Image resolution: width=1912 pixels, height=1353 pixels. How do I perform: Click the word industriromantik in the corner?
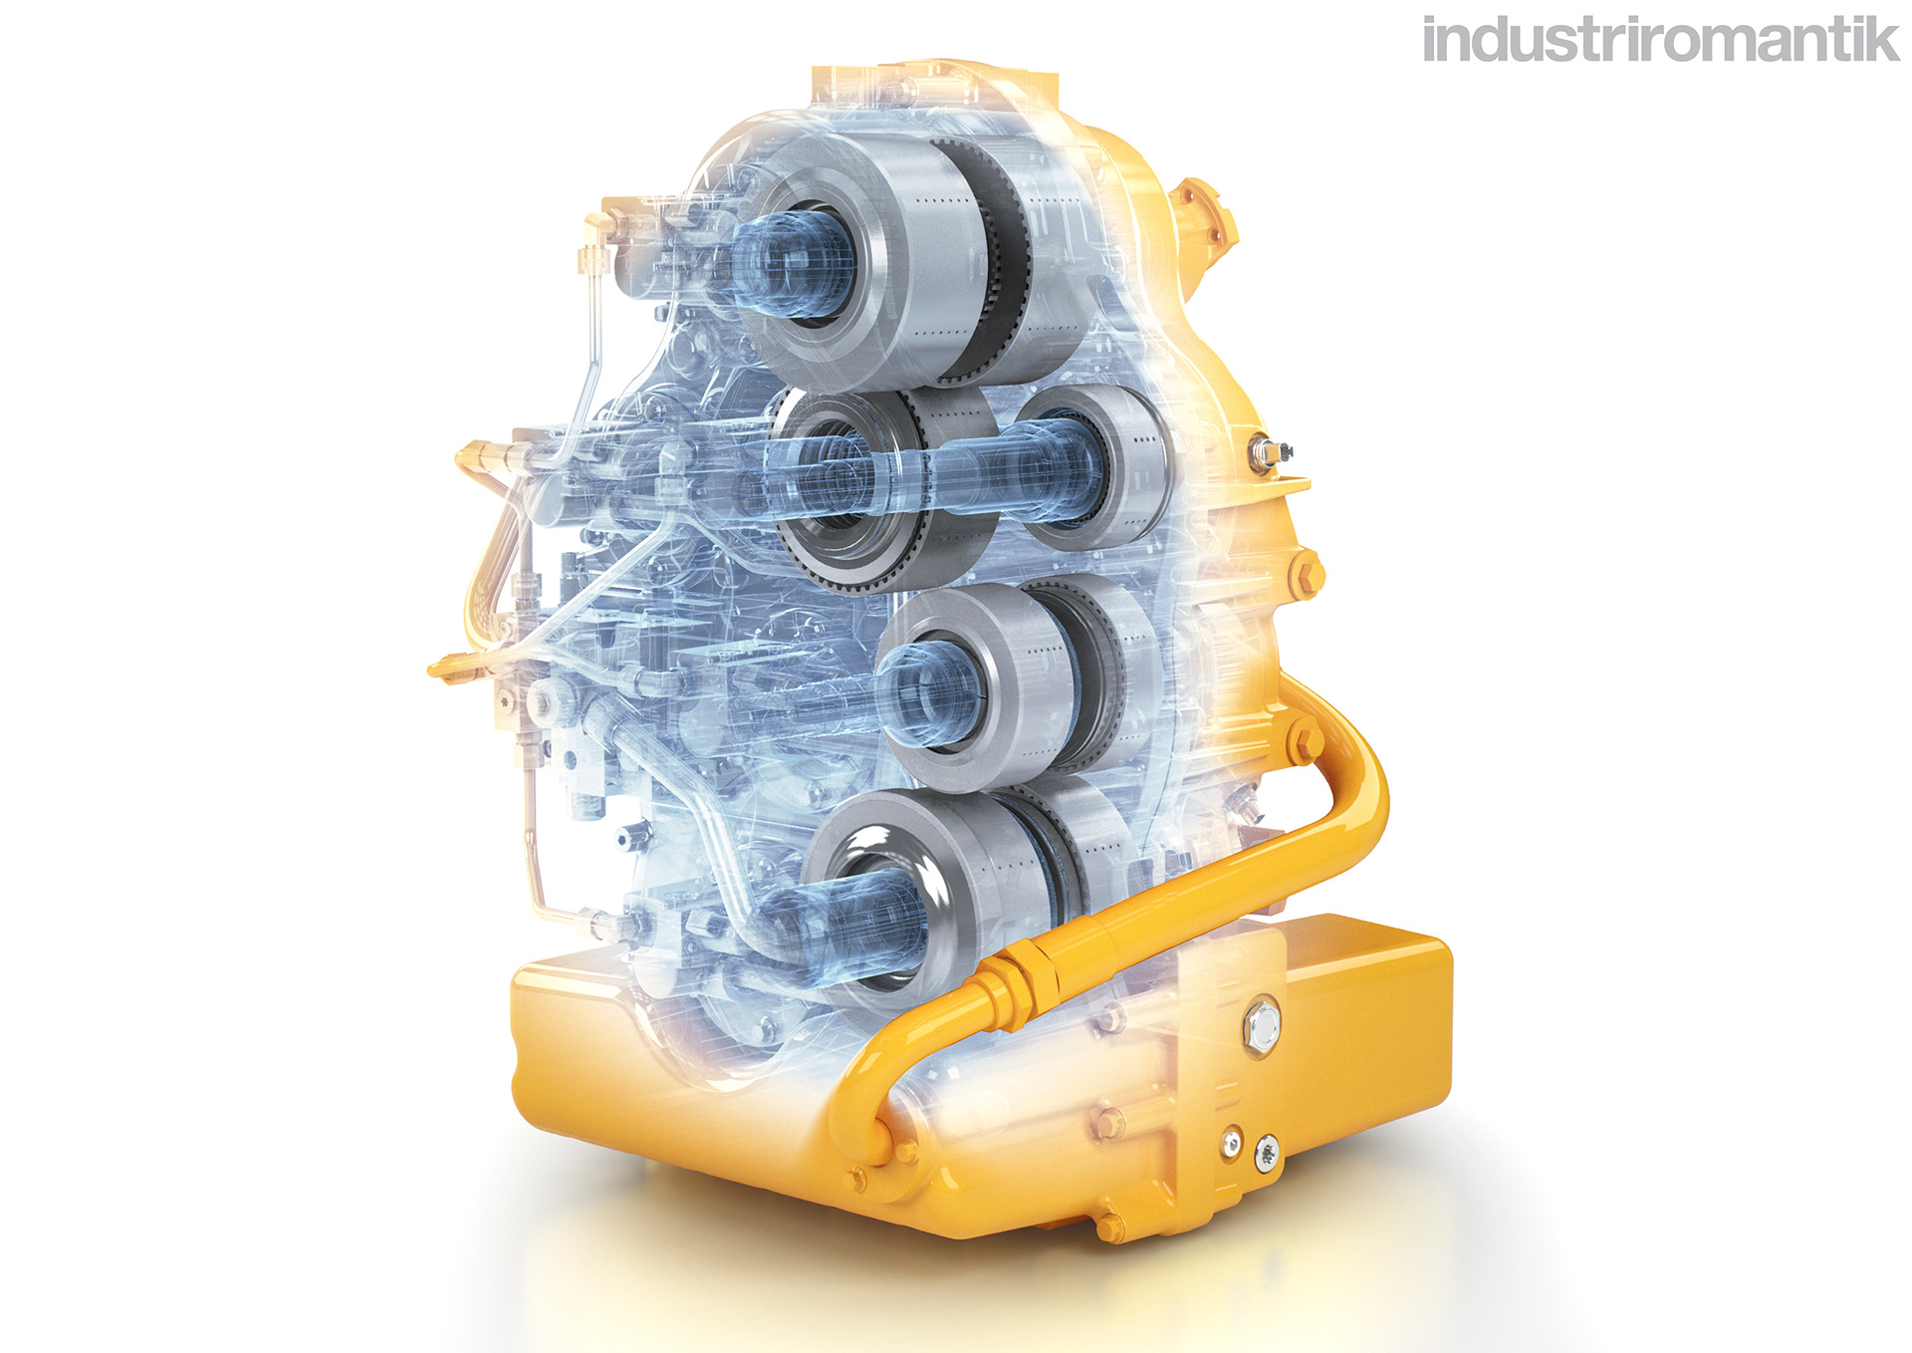click(1661, 40)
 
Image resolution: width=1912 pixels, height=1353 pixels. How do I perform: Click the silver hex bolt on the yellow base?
click(1260, 1026)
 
